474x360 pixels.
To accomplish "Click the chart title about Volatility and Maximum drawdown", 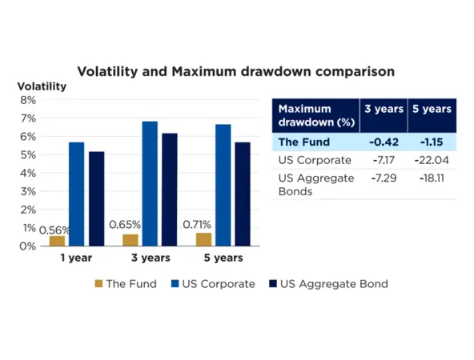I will pyautogui.click(x=235, y=71).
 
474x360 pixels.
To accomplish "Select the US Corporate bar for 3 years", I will pyautogui.click(x=149, y=184).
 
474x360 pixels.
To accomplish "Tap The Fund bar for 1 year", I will pyautogui.click(x=57, y=241).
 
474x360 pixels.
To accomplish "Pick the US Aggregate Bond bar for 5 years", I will pyautogui.click(x=242, y=194).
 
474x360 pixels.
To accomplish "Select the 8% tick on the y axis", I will pyautogui.click(x=27, y=100).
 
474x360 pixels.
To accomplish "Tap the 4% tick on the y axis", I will pyautogui.click(x=27, y=173).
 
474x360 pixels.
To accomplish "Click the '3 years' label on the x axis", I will pyautogui.click(x=150, y=258).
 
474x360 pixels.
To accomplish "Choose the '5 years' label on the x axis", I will pyautogui.click(x=223, y=258).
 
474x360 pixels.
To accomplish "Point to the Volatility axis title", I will pyautogui.click(x=42, y=86).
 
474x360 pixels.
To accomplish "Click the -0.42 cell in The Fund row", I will pyautogui.click(x=379, y=142).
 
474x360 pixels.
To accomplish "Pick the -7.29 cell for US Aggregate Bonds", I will pyautogui.click(x=379, y=178).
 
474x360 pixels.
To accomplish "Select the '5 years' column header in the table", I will pyautogui.click(x=432, y=108).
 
